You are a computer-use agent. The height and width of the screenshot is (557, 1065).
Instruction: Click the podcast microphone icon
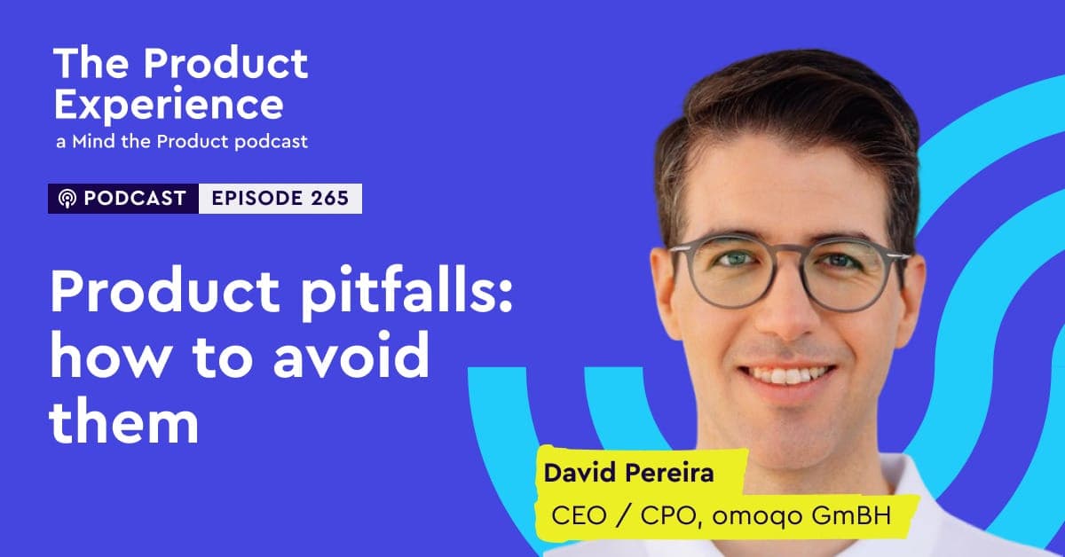[67, 199]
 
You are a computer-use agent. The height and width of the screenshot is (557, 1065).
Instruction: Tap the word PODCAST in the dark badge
[135, 198]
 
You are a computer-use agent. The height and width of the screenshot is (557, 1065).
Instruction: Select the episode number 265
[330, 198]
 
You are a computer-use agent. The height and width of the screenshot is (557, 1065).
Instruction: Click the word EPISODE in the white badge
[256, 198]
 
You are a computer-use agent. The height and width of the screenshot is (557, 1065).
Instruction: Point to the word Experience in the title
[169, 105]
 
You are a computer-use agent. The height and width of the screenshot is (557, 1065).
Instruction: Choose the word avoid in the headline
[351, 356]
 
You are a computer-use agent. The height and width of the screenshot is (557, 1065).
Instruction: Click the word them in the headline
[123, 420]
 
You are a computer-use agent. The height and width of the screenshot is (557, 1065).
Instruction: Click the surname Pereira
[669, 473]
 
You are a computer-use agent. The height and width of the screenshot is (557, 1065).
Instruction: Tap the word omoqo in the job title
[757, 516]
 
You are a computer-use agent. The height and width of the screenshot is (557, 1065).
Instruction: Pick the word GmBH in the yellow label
[851, 515]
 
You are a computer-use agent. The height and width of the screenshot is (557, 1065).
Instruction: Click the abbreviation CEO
[579, 515]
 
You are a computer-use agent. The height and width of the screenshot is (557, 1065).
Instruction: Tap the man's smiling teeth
[787, 376]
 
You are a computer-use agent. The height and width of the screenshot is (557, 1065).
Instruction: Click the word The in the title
[91, 63]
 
